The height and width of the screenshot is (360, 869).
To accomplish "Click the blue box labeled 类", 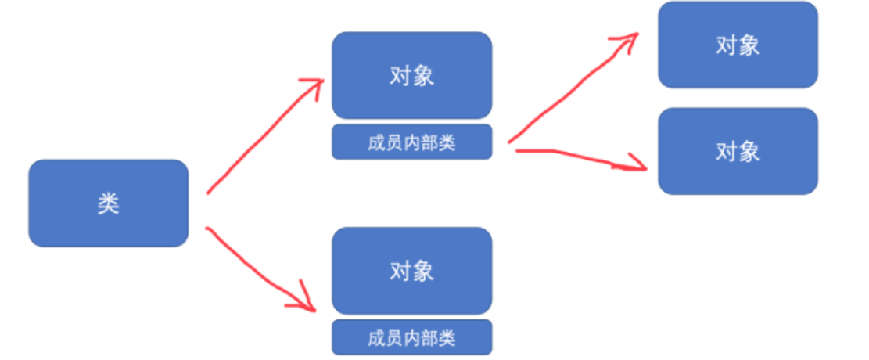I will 108,203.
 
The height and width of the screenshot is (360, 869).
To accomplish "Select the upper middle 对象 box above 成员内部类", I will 411,75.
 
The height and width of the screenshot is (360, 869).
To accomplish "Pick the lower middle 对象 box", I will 411,271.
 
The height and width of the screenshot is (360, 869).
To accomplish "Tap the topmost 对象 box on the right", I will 738,45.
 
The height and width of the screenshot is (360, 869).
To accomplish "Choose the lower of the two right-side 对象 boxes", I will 738,151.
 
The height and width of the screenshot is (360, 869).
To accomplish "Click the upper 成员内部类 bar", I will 411,142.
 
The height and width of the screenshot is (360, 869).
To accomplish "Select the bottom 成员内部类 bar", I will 411,338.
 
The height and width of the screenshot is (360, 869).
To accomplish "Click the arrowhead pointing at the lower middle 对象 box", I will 307,302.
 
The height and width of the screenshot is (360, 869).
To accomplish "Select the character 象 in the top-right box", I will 749,45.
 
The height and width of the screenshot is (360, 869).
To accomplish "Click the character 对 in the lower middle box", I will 400,271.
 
